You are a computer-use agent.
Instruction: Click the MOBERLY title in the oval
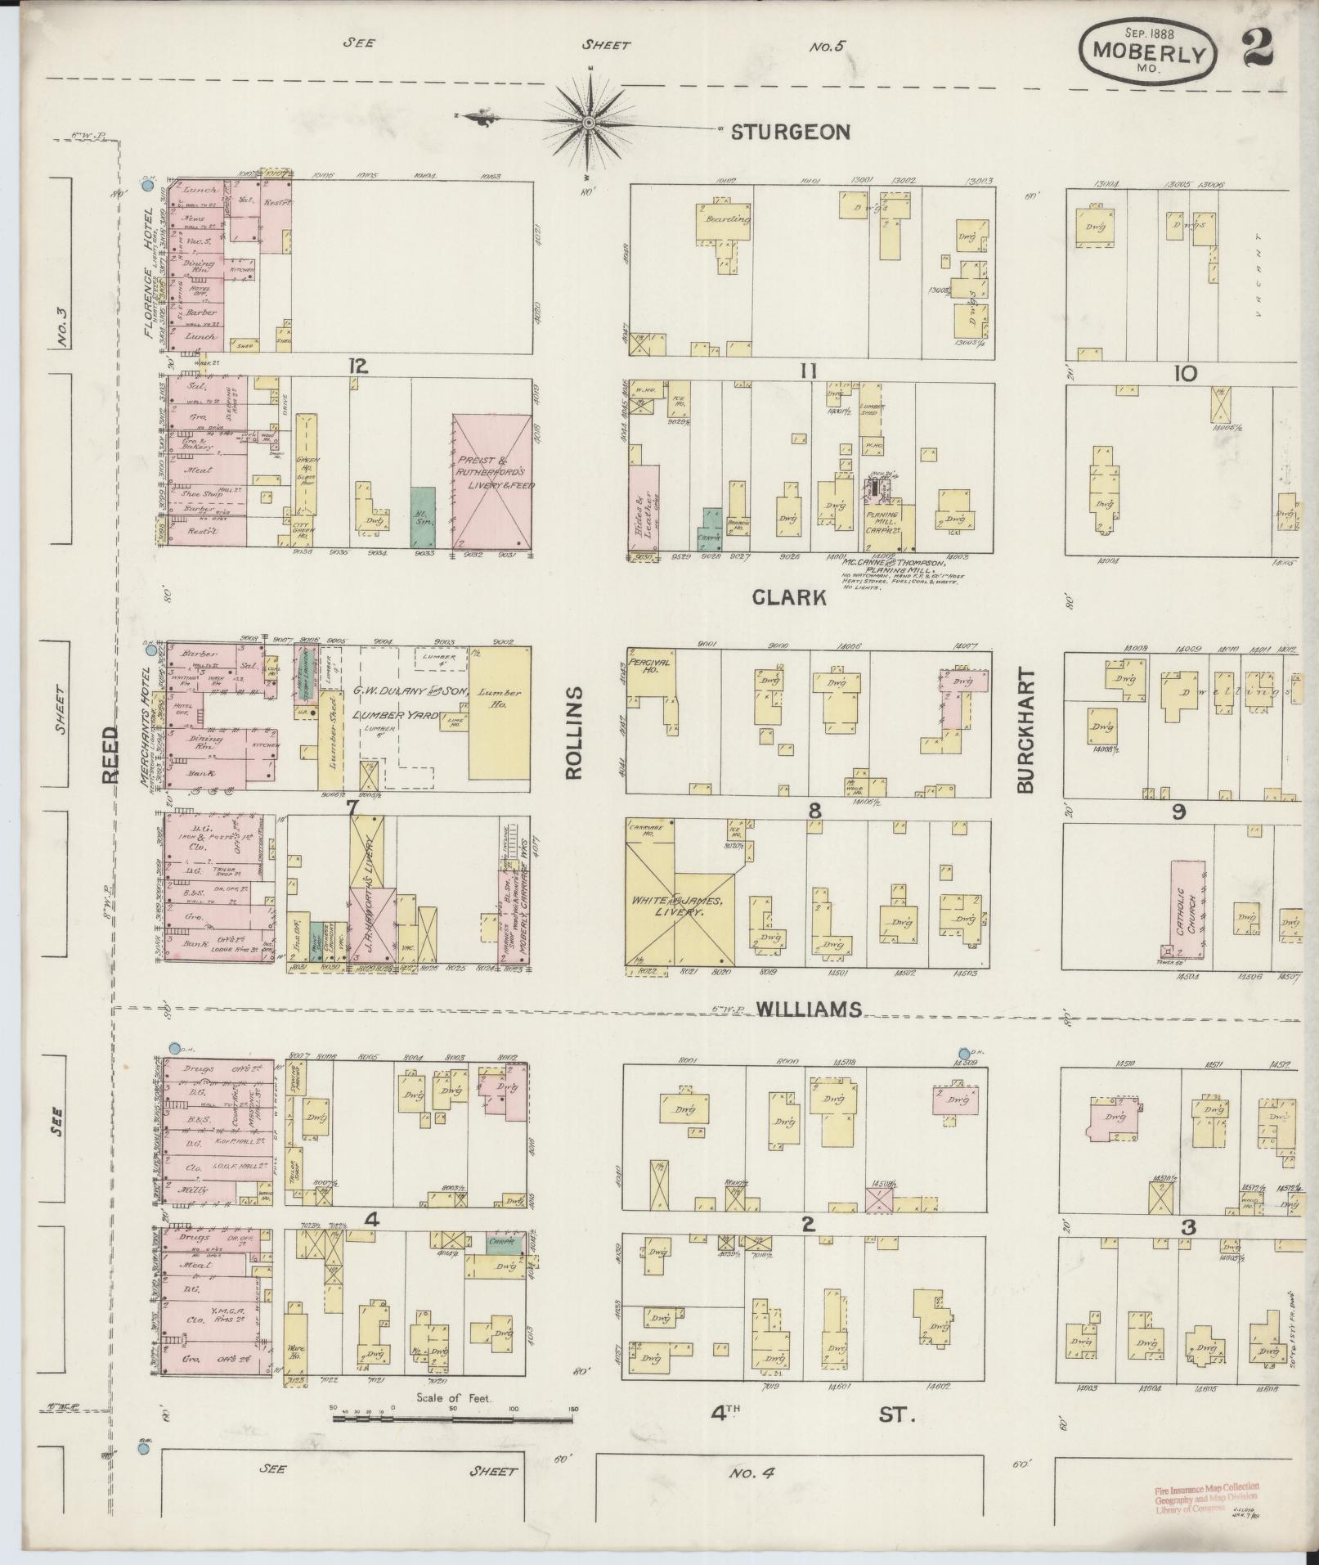point(1150,54)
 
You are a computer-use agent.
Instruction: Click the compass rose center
point(588,123)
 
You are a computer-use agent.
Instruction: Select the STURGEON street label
point(790,133)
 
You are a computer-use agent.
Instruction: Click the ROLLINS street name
point(572,732)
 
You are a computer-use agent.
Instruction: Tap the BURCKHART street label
point(1026,731)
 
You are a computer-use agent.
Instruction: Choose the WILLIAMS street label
point(809,1010)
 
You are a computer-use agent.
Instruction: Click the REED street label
point(111,754)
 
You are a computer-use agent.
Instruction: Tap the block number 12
point(357,367)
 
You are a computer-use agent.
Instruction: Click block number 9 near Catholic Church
point(1178,812)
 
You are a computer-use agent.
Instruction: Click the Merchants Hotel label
point(150,728)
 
